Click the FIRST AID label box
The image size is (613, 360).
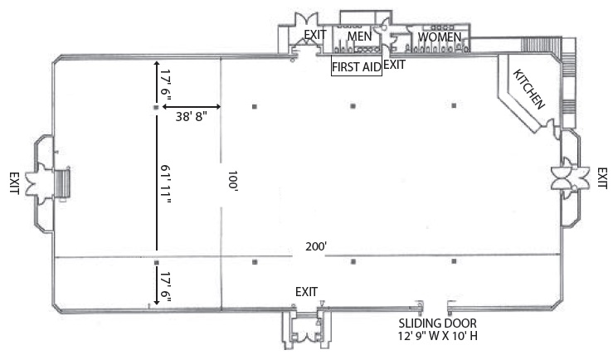pyautogui.click(x=356, y=67)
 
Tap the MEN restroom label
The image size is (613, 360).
pyautogui.click(x=359, y=36)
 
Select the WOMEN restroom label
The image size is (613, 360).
pyautogui.click(x=440, y=37)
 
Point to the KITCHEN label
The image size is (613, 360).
pyautogui.click(x=528, y=90)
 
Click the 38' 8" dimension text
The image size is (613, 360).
pyautogui.click(x=191, y=117)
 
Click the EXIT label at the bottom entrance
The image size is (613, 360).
pyautogui.click(x=307, y=292)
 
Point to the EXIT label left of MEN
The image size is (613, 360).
pyautogui.click(x=315, y=34)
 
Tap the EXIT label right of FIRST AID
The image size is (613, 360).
pyautogui.click(x=395, y=63)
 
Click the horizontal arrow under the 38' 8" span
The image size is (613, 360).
pyautogui.click(x=191, y=107)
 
